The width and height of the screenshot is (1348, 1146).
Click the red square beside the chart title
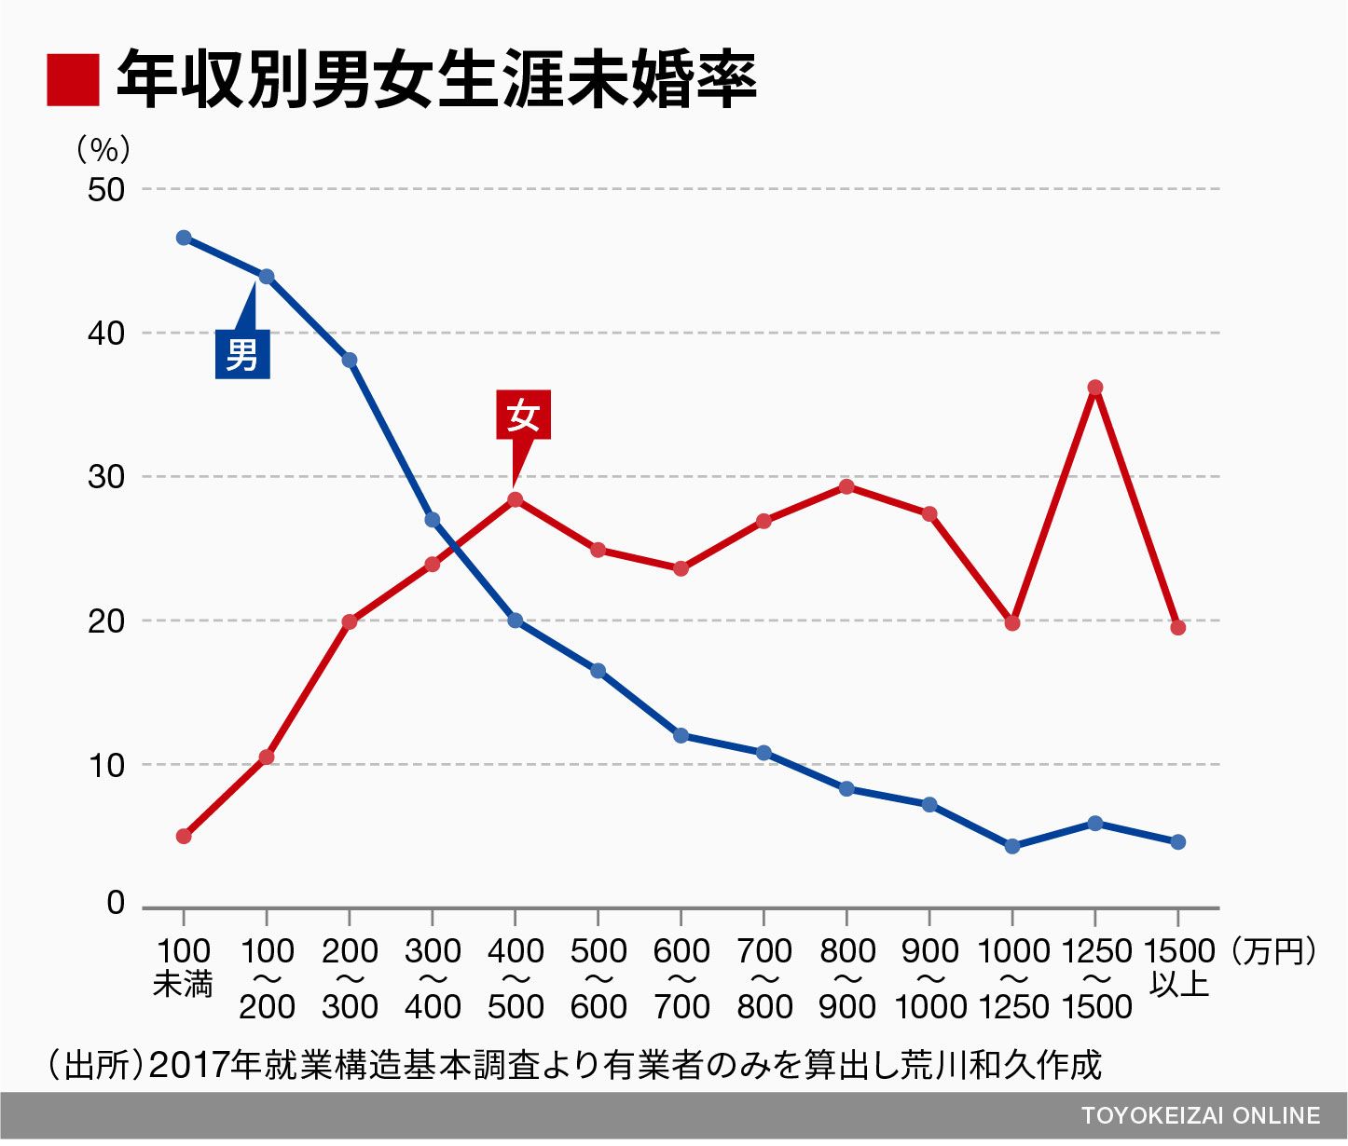(x=73, y=80)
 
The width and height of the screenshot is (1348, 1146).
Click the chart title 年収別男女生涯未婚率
(x=435, y=80)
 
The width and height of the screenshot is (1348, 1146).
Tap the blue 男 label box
(x=242, y=354)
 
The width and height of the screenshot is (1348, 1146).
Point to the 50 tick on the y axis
(x=105, y=190)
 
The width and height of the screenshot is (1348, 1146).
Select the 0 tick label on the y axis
(x=116, y=903)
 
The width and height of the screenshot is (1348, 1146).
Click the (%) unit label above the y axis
(x=103, y=149)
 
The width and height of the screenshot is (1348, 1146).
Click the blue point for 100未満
(x=184, y=238)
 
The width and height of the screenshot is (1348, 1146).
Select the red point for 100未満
(x=184, y=836)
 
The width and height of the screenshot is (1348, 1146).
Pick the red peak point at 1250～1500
(x=1095, y=388)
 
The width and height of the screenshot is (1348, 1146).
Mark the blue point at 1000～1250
(x=1012, y=846)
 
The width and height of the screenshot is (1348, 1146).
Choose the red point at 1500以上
(x=1177, y=628)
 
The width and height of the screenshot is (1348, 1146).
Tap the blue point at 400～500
(x=515, y=621)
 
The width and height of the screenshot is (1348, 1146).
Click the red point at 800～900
(x=846, y=486)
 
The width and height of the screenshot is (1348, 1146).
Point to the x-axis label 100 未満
(x=184, y=968)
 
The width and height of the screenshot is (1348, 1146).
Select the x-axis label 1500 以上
(x=1178, y=968)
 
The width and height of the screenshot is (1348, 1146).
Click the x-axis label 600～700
(x=681, y=978)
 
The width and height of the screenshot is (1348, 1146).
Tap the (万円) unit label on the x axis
(x=1273, y=951)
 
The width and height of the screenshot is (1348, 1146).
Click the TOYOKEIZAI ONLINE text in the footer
(x=1201, y=1116)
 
